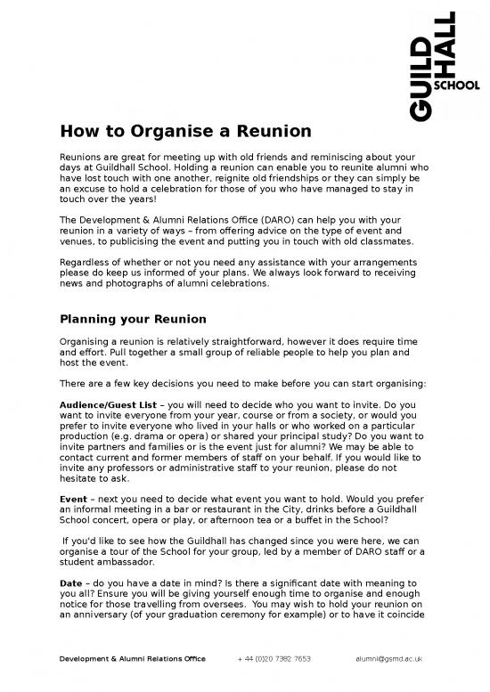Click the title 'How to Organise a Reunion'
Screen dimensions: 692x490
click(185, 132)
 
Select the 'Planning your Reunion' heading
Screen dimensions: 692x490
click(133, 320)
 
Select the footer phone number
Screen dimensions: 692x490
click(274, 659)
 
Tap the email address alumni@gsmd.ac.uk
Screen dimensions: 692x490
click(388, 659)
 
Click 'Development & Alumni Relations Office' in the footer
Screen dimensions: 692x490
click(132, 659)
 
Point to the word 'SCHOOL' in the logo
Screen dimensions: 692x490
click(456, 86)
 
